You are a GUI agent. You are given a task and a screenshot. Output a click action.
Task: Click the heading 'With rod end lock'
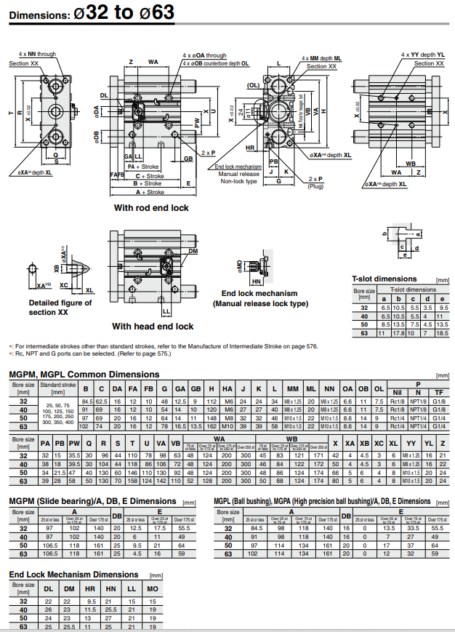pos(151,208)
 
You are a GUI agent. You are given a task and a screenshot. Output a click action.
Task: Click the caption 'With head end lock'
pos(152,327)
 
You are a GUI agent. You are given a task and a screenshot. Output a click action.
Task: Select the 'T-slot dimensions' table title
pos(384,279)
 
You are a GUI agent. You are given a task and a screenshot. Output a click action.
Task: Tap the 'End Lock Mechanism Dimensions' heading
pos(73,575)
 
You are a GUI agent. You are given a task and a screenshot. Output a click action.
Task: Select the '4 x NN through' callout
pos(37,55)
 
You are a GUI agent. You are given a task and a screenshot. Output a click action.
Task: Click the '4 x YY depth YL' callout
pos(422,55)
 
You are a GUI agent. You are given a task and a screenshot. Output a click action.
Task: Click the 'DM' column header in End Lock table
pos(68,588)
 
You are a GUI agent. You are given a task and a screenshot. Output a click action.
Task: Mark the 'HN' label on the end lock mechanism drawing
pos(256,281)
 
